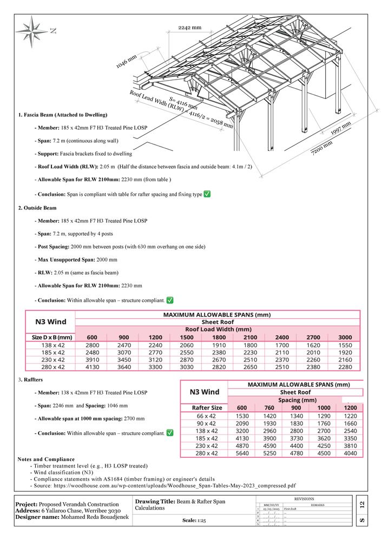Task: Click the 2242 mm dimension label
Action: point(189,28)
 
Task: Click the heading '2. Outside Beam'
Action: point(37,208)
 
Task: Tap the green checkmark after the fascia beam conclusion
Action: point(207,194)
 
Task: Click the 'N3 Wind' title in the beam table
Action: point(50,321)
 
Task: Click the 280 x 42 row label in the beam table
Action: point(53,367)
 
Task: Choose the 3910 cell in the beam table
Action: point(93,360)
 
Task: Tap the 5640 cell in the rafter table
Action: point(242,453)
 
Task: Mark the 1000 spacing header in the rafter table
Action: point(324,408)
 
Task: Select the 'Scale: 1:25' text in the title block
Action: point(194,521)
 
